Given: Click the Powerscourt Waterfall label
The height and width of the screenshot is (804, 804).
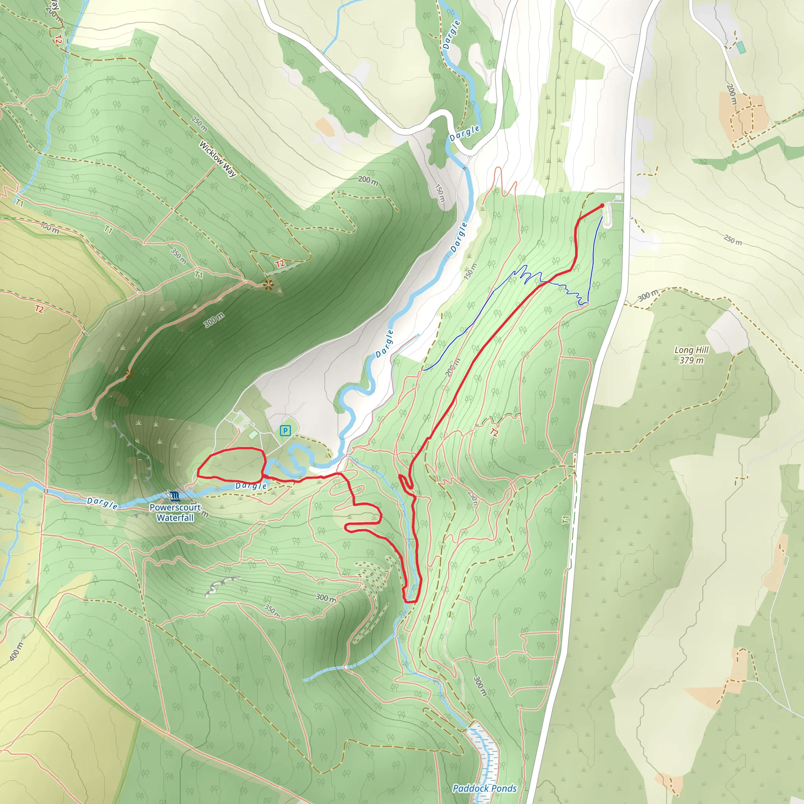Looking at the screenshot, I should click(x=175, y=513).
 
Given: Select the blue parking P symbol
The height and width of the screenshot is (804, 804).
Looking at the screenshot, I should click(x=285, y=431).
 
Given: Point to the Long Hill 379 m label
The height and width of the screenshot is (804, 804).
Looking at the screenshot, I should click(x=691, y=355).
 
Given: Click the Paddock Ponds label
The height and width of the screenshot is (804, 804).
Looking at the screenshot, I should click(x=484, y=788).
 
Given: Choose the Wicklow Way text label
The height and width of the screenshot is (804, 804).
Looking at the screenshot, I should click(x=217, y=159).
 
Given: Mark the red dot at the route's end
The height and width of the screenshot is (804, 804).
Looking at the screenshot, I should click(x=602, y=206).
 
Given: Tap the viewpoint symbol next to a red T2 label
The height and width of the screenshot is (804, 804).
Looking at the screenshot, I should click(x=269, y=285).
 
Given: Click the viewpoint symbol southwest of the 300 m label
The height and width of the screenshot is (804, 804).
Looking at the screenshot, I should click(x=130, y=375).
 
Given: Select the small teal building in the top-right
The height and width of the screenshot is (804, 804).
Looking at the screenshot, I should click(x=741, y=48).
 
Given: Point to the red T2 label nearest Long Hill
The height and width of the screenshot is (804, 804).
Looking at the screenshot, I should click(x=494, y=432).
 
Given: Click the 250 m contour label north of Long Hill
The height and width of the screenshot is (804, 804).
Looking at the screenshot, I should click(x=733, y=240).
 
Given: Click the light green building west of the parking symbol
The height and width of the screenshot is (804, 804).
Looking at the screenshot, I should click(x=252, y=435).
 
